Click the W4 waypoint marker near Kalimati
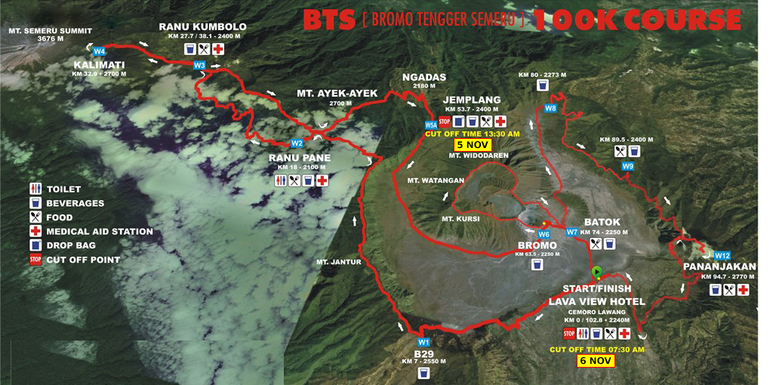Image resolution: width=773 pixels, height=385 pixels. [x=99, y=51]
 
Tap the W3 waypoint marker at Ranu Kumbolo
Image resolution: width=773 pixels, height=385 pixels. [x=199, y=66]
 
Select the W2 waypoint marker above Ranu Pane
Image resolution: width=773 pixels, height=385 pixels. [x=297, y=143]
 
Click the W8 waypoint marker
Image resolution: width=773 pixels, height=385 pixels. [x=550, y=109]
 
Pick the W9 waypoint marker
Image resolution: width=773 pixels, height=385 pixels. [x=628, y=166]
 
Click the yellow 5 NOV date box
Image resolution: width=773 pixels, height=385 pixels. [x=473, y=144]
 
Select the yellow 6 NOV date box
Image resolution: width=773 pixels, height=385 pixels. [x=596, y=361]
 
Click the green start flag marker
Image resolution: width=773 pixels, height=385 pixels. [x=597, y=271]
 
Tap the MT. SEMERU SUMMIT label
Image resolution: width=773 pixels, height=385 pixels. [x=50, y=31]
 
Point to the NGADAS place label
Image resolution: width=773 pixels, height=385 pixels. [x=424, y=77]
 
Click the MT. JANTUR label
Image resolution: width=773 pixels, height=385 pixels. [x=340, y=262]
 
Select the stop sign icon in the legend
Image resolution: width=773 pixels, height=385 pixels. [x=35, y=260]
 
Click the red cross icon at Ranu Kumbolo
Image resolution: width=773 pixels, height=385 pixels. [x=218, y=49]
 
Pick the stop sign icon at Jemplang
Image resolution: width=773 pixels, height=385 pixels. [x=444, y=122]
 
